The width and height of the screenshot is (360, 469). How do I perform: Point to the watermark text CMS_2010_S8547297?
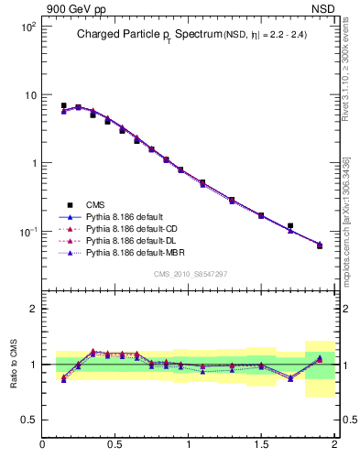[190, 274]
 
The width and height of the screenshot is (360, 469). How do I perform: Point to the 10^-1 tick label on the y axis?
[28, 232]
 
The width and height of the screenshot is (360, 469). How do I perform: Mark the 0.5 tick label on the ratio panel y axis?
[28, 420]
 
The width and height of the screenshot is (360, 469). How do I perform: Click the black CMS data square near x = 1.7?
[290, 225]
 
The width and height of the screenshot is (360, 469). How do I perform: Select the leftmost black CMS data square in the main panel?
[63, 106]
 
